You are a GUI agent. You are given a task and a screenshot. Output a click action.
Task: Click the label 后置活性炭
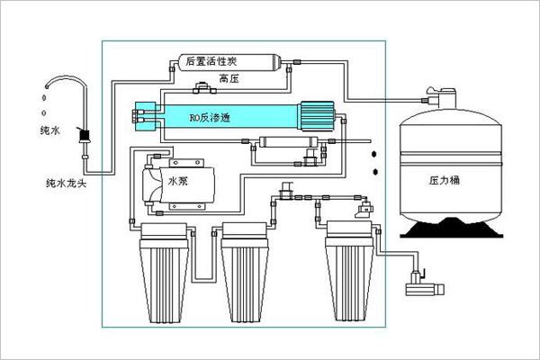click(x=211, y=62)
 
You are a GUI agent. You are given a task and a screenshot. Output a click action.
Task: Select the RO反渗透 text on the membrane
click(x=209, y=117)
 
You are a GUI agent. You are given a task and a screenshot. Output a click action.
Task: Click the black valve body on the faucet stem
click(x=86, y=138)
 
